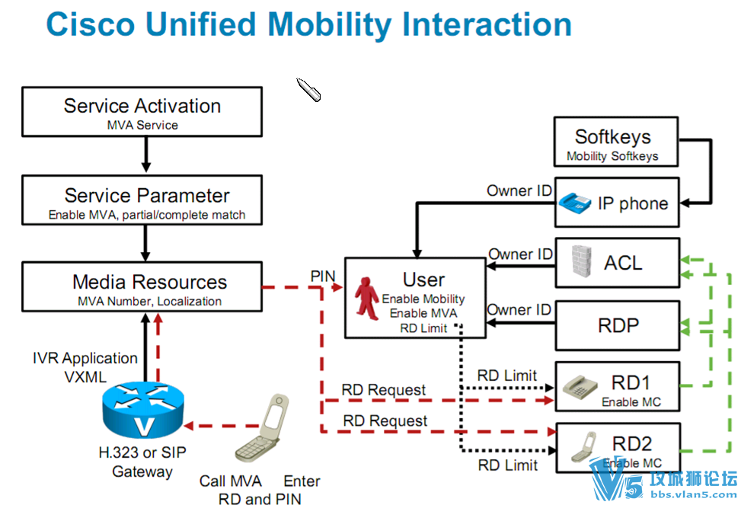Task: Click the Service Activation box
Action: coord(142,112)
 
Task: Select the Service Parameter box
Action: coord(142,200)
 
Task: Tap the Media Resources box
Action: coord(142,287)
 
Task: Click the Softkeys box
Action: coord(616,142)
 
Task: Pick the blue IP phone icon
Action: coord(575,203)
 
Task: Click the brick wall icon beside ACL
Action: coord(581,260)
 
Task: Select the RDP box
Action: coord(618,325)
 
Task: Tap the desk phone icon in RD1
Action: coord(580,386)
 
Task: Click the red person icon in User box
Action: coord(367,299)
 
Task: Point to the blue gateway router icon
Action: coord(143,410)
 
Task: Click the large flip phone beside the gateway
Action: coord(262,428)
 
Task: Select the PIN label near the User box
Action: coord(323,276)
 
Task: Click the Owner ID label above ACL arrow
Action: coord(520,254)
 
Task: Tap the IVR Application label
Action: coord(85,358)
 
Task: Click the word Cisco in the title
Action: coord(91,24)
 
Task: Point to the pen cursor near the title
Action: coord(308,89)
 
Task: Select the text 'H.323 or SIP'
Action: coord(142,452)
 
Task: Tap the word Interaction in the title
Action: coord(487,24)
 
